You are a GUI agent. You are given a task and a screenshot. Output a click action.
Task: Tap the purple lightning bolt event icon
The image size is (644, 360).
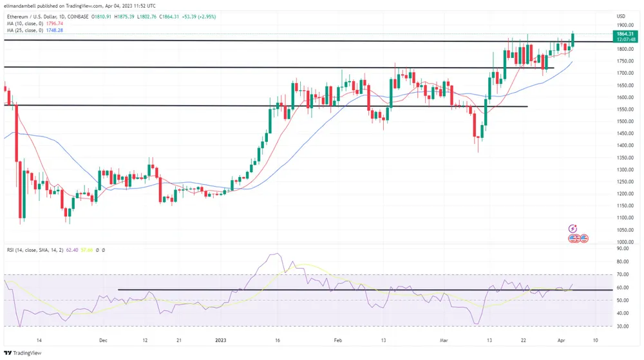(x=573, y=229)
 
